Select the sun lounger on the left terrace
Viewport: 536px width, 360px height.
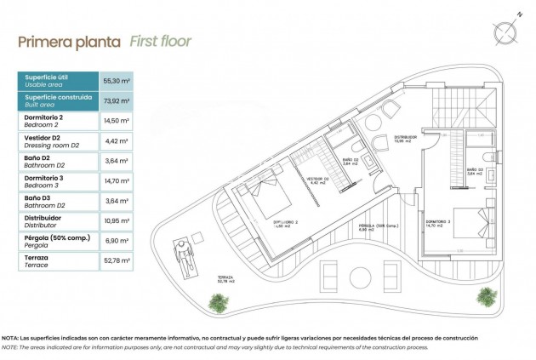pos(180,254)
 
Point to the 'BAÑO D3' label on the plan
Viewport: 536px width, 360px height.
pos(475,170)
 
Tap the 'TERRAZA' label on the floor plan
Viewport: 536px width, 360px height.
pos(224,277)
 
